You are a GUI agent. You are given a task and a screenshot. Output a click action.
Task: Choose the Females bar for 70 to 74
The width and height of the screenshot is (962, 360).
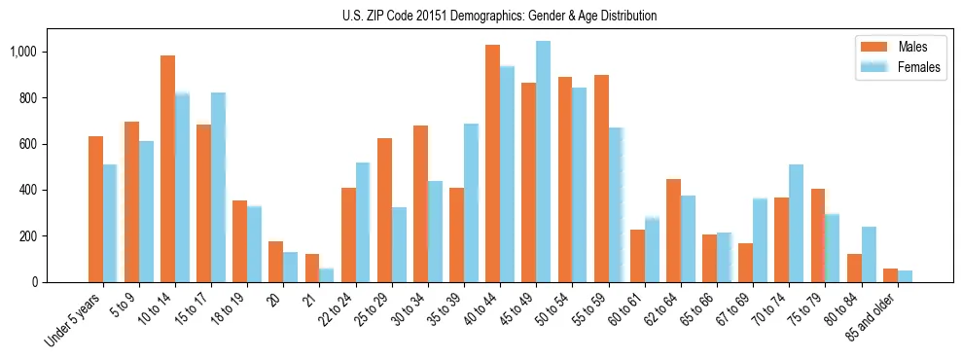796,223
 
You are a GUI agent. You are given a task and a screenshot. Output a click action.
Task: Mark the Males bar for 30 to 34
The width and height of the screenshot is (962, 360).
420,203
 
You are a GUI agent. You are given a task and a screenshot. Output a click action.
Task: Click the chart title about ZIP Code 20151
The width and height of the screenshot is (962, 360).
499,16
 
